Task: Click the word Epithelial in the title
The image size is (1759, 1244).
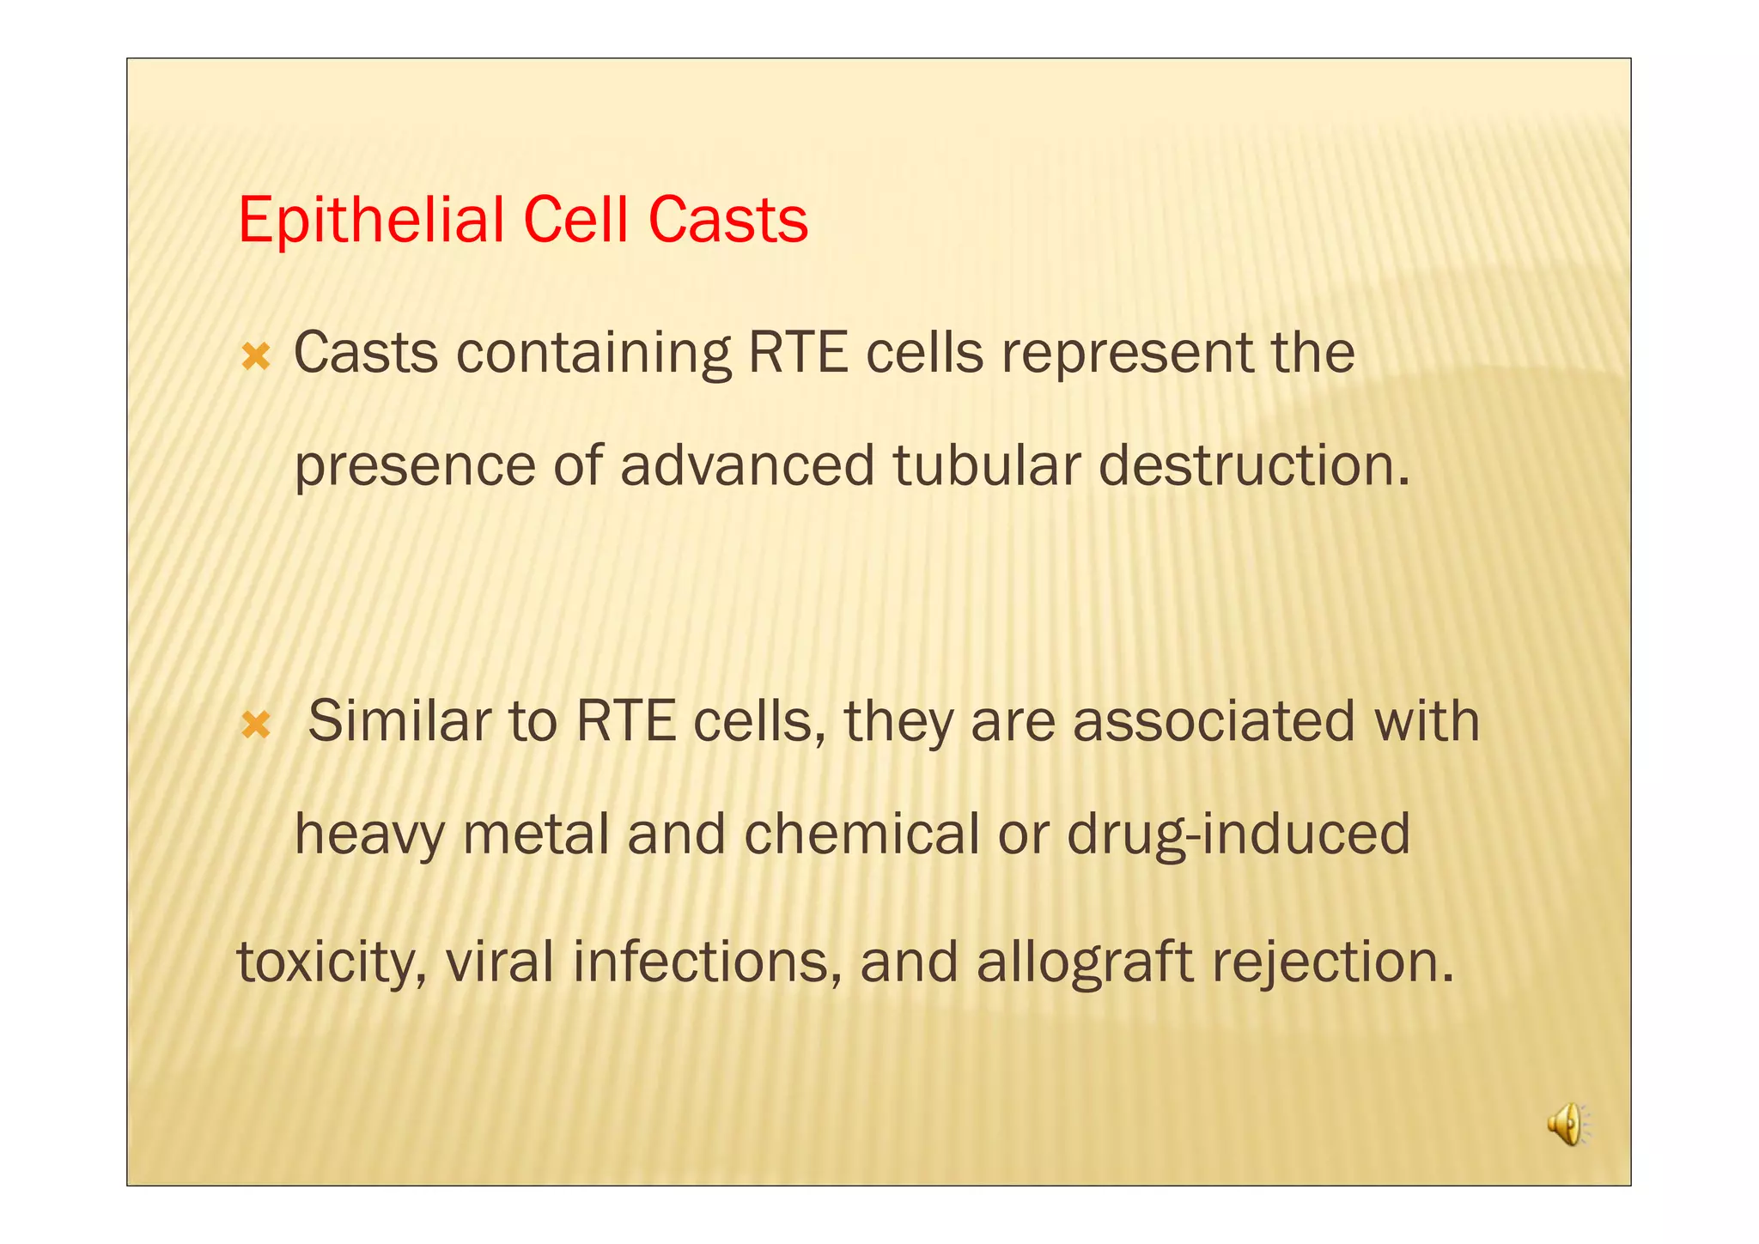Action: pyautogui.click(x=371, y=221)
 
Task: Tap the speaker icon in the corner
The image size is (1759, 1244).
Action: pyautogui.click(x=1568, y=1124)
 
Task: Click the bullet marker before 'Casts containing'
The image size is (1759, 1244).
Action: pyautogui.click(x=256, y=356)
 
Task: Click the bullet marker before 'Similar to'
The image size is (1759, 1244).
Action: pyautogui.click(x=256, y=725)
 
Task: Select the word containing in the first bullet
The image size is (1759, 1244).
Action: pyautogui.click(x=593, y=354)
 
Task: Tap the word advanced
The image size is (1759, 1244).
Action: pyautogui.click(x=746, y=465)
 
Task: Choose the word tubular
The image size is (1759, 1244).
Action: pyautogui.click(x=986, y=465)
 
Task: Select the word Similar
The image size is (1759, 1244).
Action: pyautogui.click(x=399, y=721)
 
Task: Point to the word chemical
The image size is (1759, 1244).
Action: pyautogui.click(x=861, y=834)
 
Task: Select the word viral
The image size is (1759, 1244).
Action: pyautogui.click(x=499, y=962)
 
